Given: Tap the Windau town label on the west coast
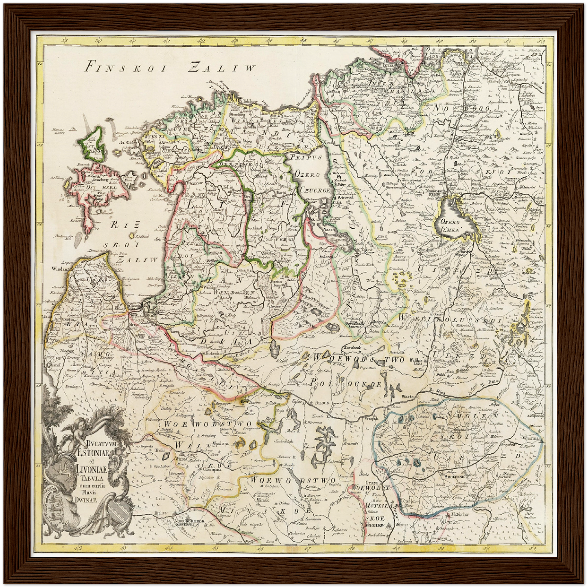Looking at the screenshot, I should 59,269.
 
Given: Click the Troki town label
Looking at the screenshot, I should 160,451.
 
